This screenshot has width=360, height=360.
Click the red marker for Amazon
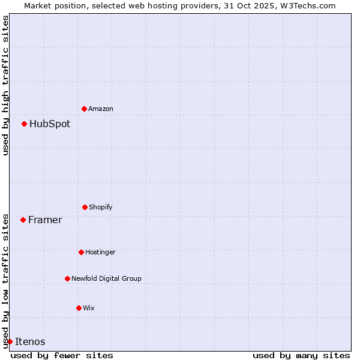84,109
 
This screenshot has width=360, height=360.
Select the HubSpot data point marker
24,124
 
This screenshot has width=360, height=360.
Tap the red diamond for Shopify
85,207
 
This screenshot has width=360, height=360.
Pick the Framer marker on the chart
23,220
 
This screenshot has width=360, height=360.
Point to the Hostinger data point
81,252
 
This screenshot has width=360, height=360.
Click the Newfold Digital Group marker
67,278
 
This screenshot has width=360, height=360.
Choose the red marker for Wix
79,308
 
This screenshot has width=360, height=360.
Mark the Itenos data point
10,341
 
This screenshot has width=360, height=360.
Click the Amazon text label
101,109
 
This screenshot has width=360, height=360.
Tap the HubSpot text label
50,124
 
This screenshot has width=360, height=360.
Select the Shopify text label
101,207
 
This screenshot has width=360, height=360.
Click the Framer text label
45,220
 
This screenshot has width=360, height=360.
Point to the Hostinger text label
100,252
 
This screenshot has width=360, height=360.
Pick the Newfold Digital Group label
106,278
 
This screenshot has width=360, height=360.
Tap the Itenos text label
30,342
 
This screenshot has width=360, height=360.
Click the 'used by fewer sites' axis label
62,355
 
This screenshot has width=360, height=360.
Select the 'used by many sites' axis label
301,355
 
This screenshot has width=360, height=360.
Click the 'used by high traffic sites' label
5,85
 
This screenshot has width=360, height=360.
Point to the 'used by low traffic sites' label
5,280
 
